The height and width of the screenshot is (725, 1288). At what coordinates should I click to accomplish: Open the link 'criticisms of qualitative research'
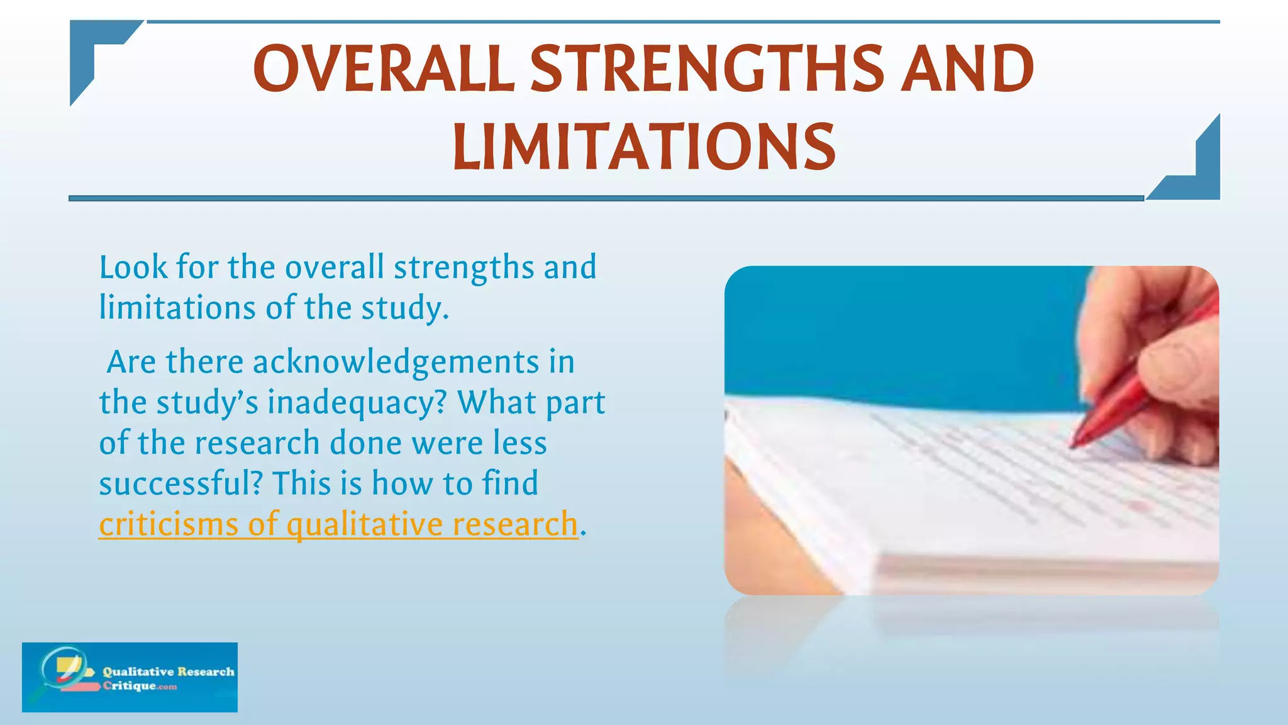[338, 524]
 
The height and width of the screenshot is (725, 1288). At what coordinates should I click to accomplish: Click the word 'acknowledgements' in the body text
[396, 362]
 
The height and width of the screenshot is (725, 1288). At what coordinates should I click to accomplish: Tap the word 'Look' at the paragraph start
[133, 267]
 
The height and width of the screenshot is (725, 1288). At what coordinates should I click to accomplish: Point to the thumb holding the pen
[1182, 365]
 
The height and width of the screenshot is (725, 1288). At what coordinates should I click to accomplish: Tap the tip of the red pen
[1073, 446]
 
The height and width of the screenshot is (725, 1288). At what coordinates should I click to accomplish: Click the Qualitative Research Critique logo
[130, 677]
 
